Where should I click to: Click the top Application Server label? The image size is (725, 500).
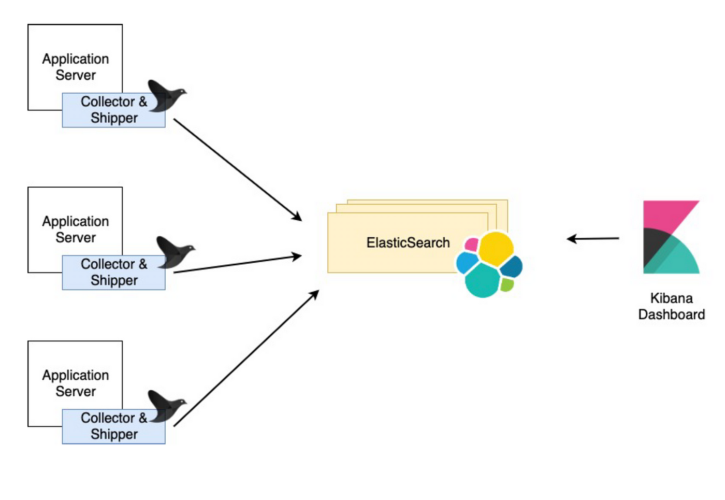[x=76, y=67]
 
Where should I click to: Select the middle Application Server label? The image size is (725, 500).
[x=76, y=229]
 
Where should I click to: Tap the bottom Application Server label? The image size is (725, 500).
[x=76, y=383]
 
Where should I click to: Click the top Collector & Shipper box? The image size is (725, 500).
[x=113, y=110]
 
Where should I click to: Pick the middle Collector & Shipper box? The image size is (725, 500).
[x=113, y=273]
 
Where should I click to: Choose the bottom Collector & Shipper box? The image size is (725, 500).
[x=113, y=426]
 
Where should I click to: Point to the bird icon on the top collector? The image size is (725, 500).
[x=166, y=96]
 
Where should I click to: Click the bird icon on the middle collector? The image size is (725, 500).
[x=175, y=252]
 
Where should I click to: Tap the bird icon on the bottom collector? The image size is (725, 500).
[x=166, y=406]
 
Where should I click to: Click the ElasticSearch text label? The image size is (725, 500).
[x=408, y=242]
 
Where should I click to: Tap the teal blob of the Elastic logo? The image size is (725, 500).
[x=483, y=280]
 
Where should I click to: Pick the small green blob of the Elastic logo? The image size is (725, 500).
[x=506, y=285]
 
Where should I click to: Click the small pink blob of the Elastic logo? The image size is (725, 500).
[x=471, y=245]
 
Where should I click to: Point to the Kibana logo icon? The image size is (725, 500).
[x=671, y=237]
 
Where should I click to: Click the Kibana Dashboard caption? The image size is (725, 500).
[x=672, y=306]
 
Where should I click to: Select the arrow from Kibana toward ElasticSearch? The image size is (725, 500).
[x=593, y=239]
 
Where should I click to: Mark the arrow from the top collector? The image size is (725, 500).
[x=238, y=170]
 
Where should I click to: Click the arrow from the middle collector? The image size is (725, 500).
[x=238, y=264]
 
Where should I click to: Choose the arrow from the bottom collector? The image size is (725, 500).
[x=247, y=358]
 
